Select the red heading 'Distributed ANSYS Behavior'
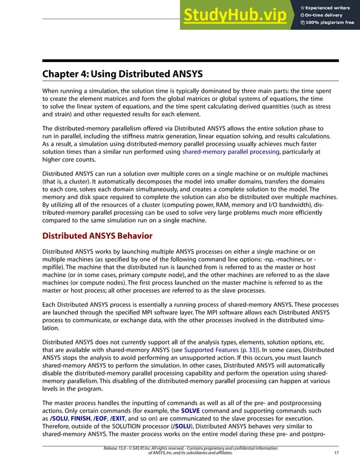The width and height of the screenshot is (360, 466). [x=97, y=236]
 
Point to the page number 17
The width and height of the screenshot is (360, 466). [x=335, y=453]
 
